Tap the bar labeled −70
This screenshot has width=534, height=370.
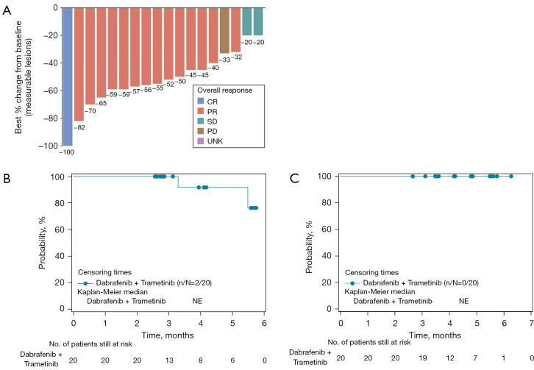click(90, 55)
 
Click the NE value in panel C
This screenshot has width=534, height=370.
click(463, 301)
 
